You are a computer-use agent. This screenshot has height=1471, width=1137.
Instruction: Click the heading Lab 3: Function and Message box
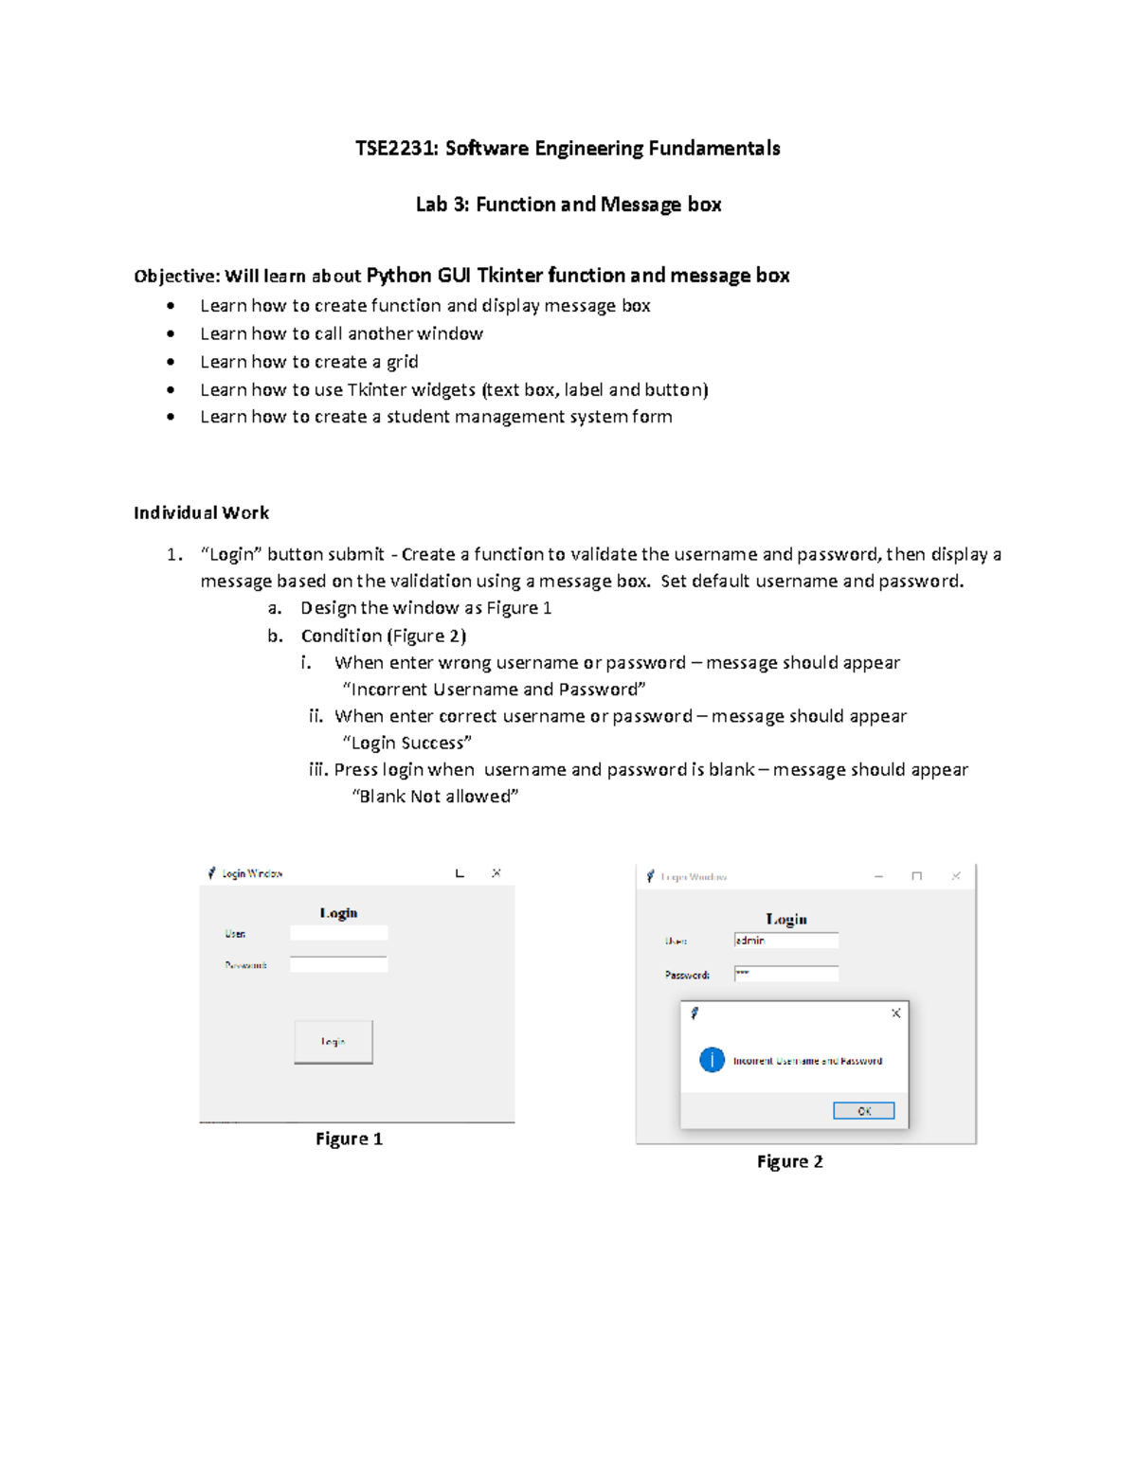[x=568, y=205]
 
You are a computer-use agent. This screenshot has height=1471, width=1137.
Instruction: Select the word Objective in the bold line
[x=176, y=277]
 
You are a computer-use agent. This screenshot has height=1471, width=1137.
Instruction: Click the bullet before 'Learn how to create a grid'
[x=171, y=362]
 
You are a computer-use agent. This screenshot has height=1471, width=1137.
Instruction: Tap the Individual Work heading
[x=201, y=512]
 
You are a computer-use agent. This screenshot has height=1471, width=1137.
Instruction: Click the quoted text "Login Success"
[x=406, y=743]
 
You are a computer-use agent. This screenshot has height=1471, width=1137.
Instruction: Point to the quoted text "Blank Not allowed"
[x=435, y=797]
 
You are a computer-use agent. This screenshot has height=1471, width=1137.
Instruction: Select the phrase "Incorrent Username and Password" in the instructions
[x=494, y=690]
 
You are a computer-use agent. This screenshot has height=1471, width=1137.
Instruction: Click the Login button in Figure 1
[x=333, y=1042]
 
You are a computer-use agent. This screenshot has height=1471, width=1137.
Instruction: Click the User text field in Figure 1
[x=338, y=933]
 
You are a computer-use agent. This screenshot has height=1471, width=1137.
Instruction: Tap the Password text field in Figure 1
[x=338, y=964]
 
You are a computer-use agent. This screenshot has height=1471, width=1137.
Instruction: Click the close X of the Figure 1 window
[x=496, y=873]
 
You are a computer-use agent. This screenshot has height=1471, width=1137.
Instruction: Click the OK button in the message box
[x=863, y=1111]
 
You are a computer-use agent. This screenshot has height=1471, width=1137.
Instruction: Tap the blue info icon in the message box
[x=712, y=1060]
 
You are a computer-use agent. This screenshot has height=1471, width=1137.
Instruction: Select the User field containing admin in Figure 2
[x=785, y=941]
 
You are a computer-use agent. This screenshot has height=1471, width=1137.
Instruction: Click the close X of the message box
[x=895, y=1014]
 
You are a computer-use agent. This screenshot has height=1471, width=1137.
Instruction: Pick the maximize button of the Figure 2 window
[x=916, y=877]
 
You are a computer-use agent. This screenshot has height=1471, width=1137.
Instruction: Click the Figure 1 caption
[x=349, y=1139]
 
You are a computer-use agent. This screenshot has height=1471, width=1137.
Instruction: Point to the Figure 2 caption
[x=789, y=1161]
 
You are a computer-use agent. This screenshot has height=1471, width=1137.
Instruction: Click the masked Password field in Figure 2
[x=785, y=974]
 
